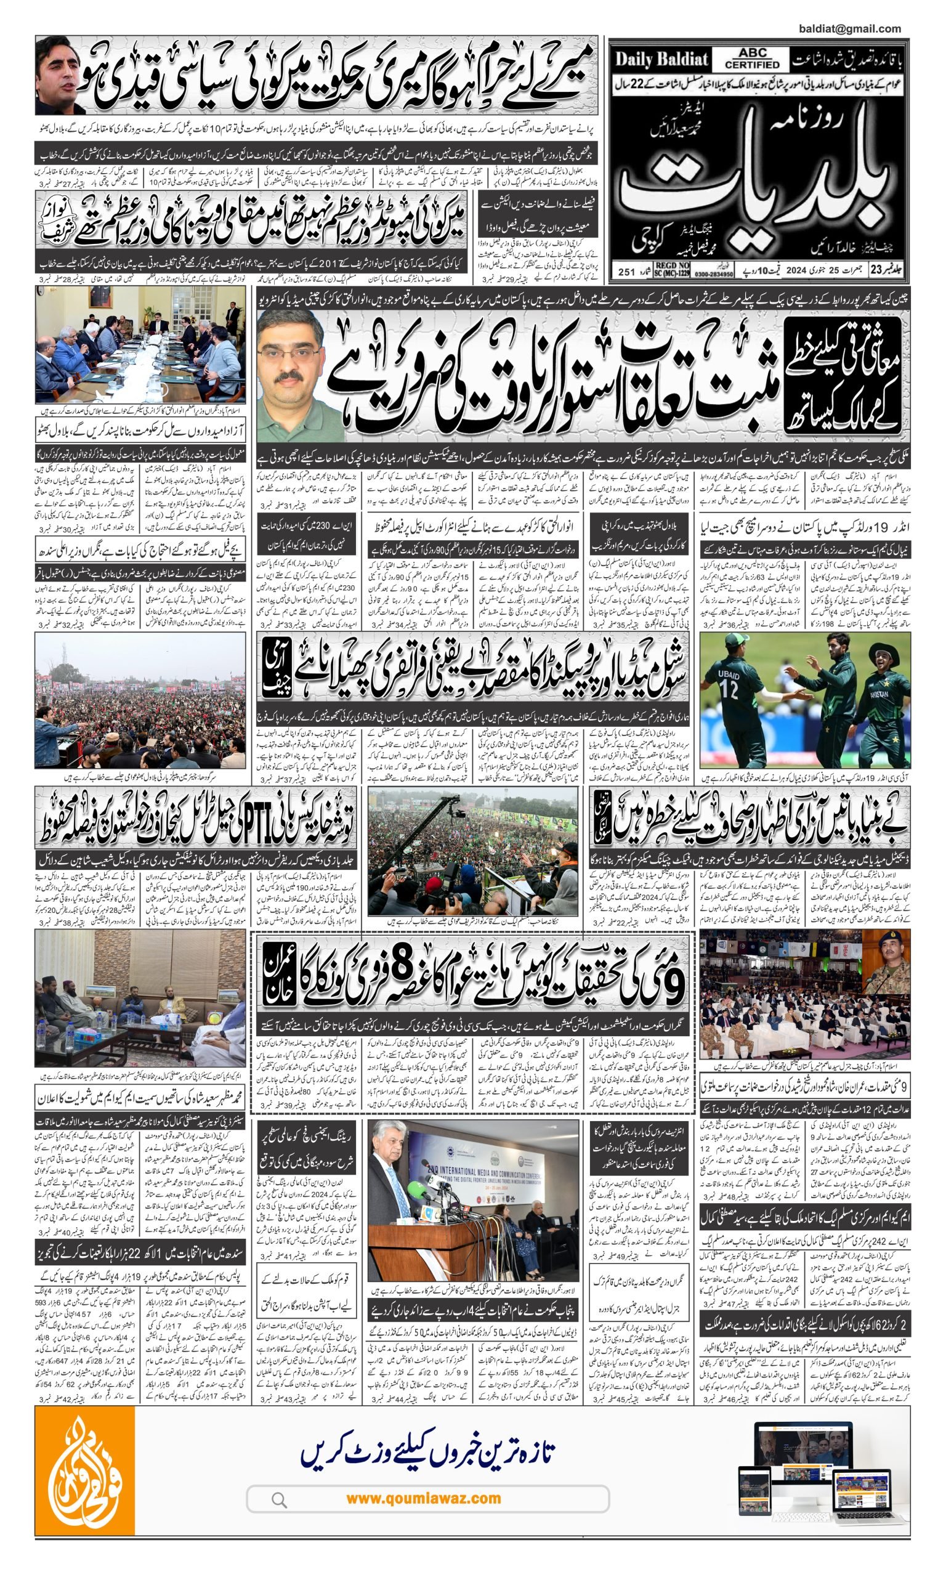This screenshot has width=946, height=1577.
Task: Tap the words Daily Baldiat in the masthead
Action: (661, 60)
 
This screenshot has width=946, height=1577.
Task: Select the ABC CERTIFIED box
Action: (752, 59)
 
